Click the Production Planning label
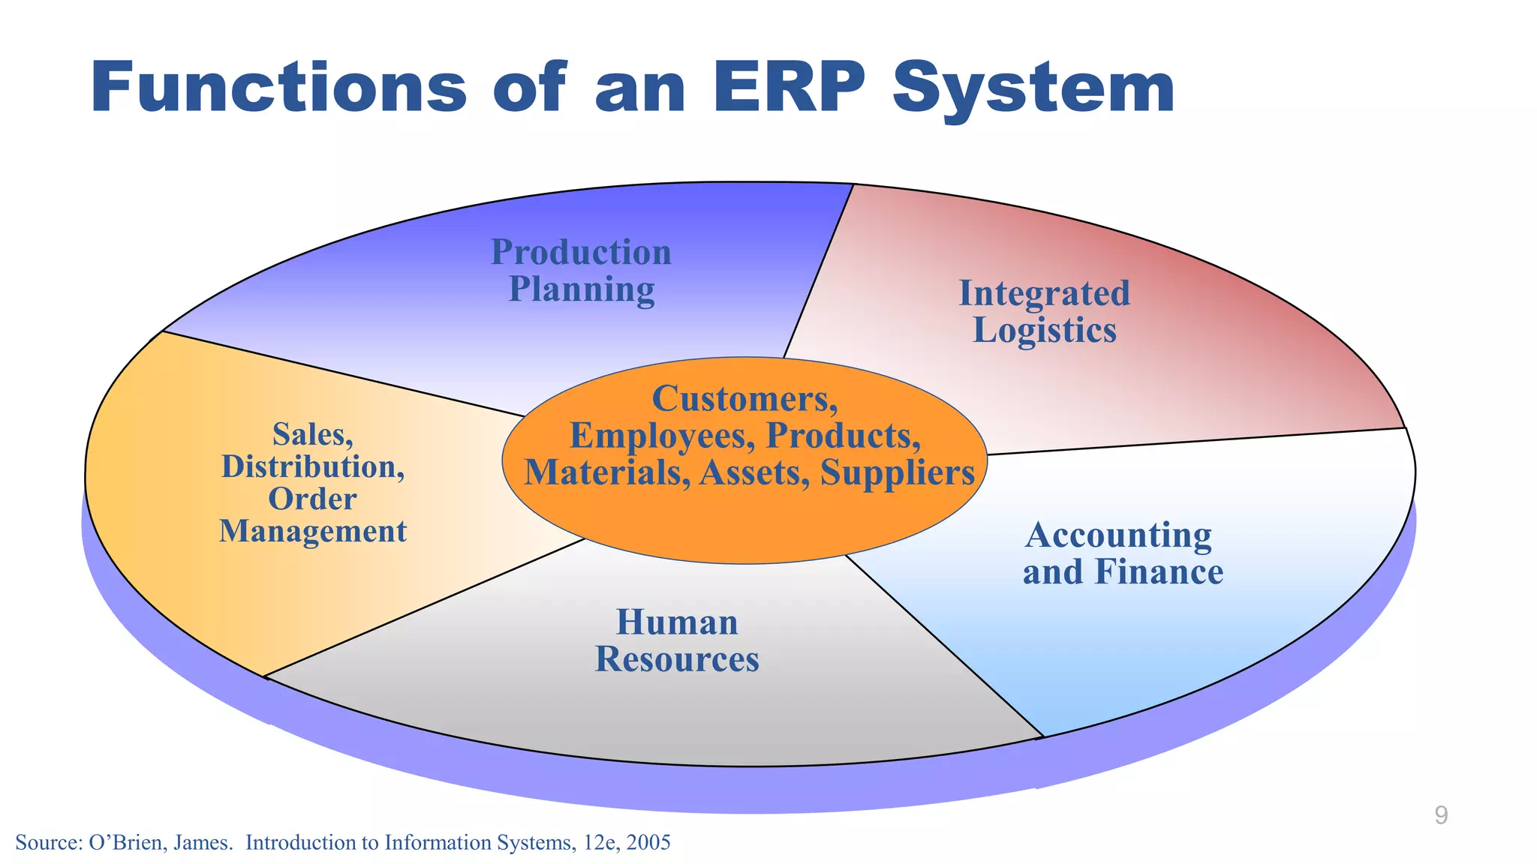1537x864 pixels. tap(581, 271)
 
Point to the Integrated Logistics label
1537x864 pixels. tap(1044, 311)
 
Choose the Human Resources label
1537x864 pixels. tap(677, 640)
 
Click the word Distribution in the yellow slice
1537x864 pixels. tap(312, 466)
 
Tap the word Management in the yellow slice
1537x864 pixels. tap(312, 531)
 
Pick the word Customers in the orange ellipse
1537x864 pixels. tap(744, 398)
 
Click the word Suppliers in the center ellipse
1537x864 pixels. tap(897, 472)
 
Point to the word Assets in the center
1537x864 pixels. tap(753, 472)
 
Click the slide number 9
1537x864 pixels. tap(1440, 815)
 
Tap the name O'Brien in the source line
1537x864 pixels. tap(125, 843)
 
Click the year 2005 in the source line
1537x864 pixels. tap(648, 843)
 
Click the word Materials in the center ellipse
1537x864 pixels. tap(606, 472)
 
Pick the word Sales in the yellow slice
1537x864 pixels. tap(312, 434)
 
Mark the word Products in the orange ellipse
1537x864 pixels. tap(843, 436)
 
